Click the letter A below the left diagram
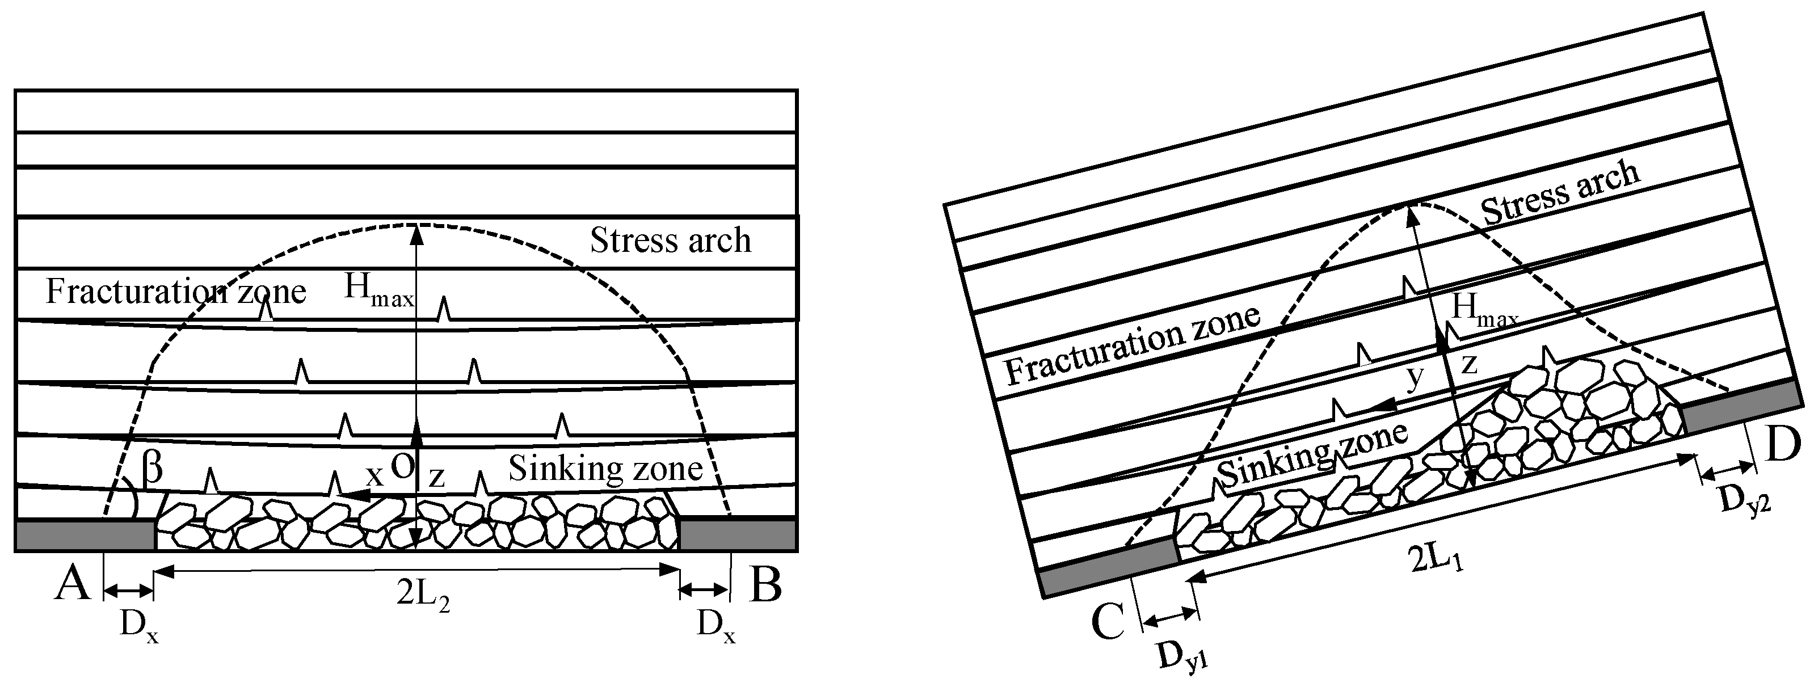73,584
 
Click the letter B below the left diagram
765,584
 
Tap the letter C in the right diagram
1109,622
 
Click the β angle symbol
152,468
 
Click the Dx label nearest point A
138,623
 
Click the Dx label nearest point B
716,623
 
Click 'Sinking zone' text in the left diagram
605,468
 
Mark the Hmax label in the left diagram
378,290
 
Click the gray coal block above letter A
85,535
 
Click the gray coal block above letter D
1739,406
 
